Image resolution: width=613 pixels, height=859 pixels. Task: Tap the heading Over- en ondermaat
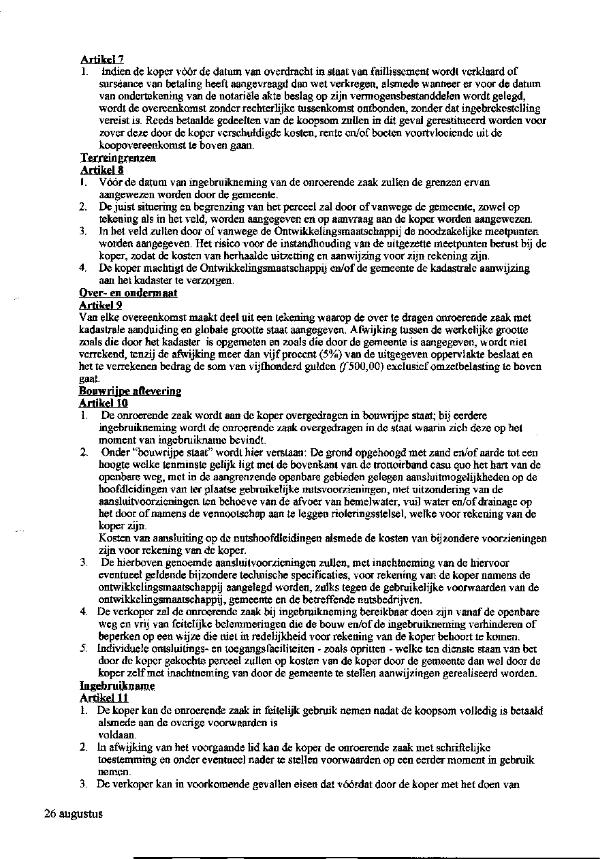pos(128,293)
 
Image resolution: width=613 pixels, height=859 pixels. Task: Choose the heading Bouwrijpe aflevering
pos(130,391)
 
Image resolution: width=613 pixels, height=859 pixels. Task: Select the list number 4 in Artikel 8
pos(83,268)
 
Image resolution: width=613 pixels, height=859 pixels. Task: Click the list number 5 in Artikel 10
pos(83,649)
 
